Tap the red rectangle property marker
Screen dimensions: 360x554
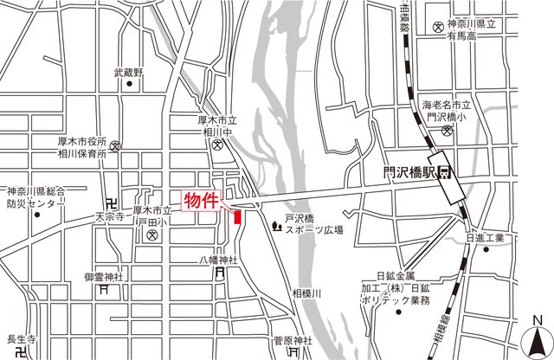(x=236, y=217)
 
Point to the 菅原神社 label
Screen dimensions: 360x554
(x=292, y=341)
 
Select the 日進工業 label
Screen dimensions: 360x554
(x=484, y=237)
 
